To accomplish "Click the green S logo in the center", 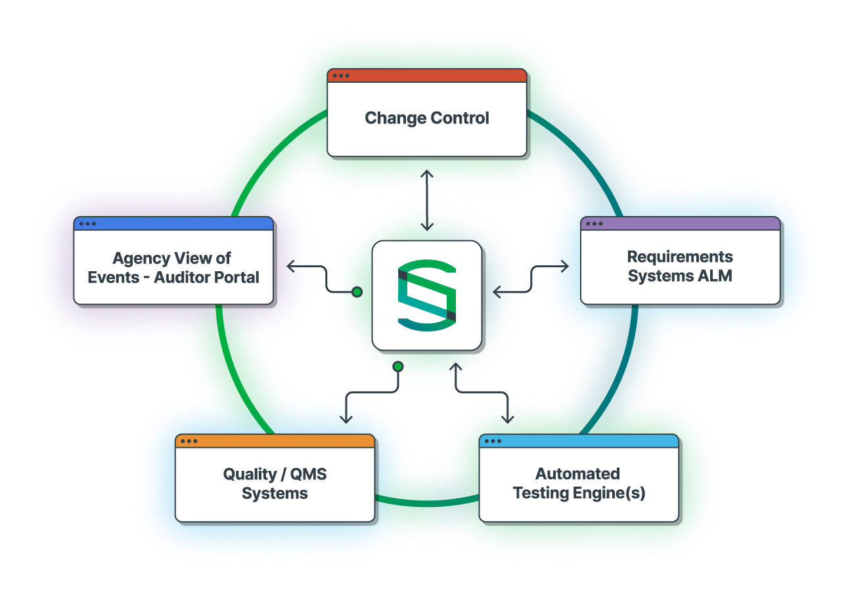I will click(x=427, y=295).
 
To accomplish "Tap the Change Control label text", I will click(x=427, y=118).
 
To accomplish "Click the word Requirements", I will click(x=680, y=257).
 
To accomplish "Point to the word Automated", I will click(x=577, y=473).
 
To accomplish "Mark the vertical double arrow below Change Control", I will click(x=427, y=200).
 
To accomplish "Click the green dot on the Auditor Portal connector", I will click(x=357, y=292).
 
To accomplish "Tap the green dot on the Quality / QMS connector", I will click(x=397, y=366).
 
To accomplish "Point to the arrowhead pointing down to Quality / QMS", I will click(x=346, y=419).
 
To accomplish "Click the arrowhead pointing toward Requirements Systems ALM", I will click(x=566, y=266).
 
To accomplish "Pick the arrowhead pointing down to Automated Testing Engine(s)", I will click(x=507, y=419).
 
